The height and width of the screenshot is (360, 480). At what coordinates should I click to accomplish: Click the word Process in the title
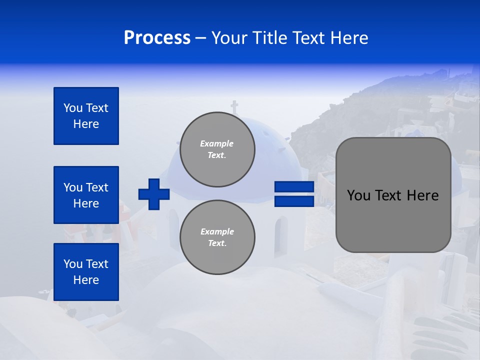click(x=157, y=38)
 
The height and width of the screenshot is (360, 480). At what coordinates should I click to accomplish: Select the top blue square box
click(x=86, y=116)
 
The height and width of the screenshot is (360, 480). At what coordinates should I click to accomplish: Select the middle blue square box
click(x=86, y=195)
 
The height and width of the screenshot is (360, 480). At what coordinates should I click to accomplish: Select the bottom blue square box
click(x=86, y=272)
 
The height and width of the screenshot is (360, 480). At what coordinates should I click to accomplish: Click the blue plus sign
click(x=154, y=194)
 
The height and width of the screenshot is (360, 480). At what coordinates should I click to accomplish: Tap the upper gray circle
click(x=217, y=149)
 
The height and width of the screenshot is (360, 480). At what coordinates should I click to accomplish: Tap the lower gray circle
click(x=217, y=237)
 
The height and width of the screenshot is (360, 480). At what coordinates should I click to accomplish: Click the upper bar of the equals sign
click(x=294, y=187)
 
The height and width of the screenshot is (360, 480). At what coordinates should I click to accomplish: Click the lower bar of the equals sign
click(x=294, y=201)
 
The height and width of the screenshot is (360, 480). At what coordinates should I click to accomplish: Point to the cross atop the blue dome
click(x=234, y=107)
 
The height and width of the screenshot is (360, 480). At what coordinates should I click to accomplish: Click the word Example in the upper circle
click(x=217, y=143)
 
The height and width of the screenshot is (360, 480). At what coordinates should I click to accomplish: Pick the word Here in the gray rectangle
click(x=423, y=195)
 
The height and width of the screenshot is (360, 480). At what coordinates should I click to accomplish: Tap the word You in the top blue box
click(x=72, y=108)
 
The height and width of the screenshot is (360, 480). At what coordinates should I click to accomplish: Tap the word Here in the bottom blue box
click(x=86, y=280)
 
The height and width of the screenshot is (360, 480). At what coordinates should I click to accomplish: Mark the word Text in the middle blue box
click(x=97, y=187)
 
